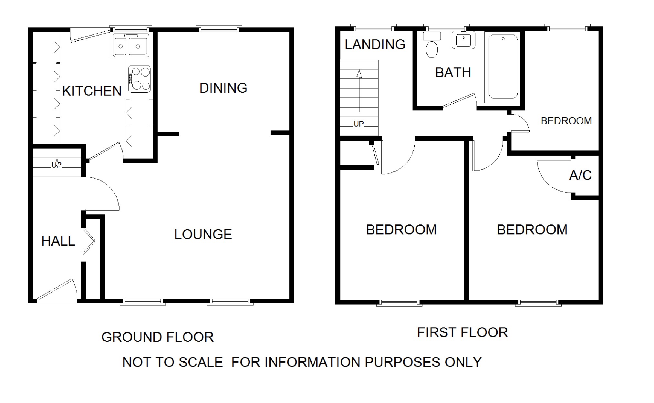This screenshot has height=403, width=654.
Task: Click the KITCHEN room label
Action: [x=92, y=91]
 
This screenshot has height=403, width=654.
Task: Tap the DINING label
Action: [x=223, y=88]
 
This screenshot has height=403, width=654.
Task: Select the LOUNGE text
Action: [x=203, y=234]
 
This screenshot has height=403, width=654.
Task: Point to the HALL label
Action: [x=58, y=241]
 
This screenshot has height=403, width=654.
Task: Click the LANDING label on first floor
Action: [x=375, y=45]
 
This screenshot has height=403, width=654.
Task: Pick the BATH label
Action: [x=453, y=73]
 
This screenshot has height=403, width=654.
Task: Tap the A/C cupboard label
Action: [x=580, y=175]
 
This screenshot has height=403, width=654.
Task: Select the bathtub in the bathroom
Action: [x=503, y=67]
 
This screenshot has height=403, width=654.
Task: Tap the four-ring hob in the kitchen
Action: [x=140, y=78]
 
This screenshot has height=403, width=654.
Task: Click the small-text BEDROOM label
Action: [x=566, y=121]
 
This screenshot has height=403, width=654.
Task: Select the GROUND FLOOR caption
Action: [x=158, y=337]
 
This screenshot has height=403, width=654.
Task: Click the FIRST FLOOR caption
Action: [x=462, y=333]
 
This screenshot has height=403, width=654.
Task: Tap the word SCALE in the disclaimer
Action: [x=201, y=362]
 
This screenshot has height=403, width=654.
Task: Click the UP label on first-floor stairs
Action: [x=359, y=124]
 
